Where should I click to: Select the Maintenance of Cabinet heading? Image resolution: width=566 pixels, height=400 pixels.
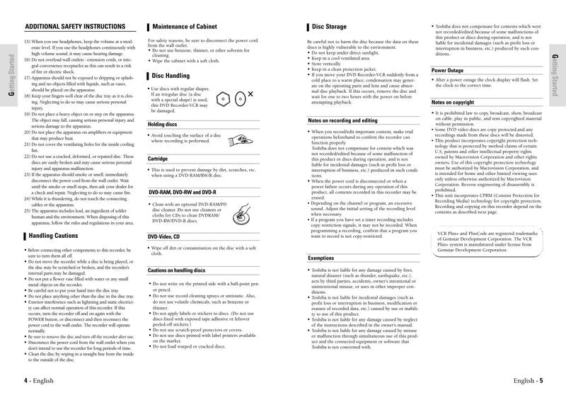[x=187, y=27]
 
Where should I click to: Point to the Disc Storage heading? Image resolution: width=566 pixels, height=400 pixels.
[x=329, y=27]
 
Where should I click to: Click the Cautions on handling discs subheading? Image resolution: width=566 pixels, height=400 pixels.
[x=177, y=270]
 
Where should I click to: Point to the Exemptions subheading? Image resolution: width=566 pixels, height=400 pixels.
[x=321, y=258]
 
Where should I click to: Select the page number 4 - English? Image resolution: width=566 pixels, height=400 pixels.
[x=40, y=381]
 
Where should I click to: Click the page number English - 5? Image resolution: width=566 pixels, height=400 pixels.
[x=528, y=381]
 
